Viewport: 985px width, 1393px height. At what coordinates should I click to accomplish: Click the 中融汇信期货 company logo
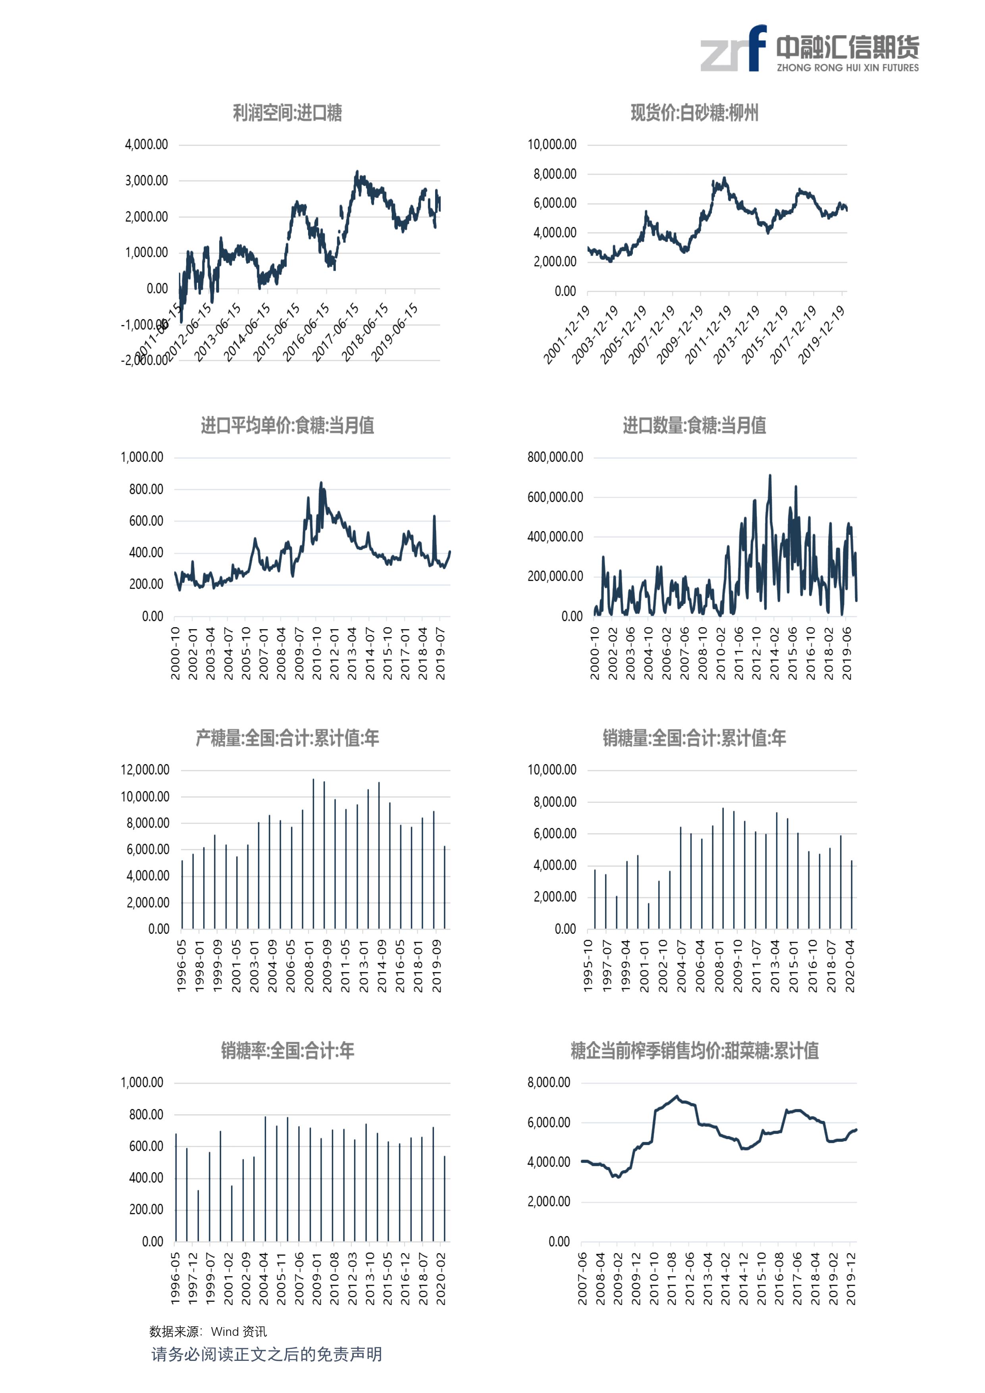pos(810,48)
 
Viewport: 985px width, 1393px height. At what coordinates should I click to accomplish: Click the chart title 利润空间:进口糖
pos(287,113)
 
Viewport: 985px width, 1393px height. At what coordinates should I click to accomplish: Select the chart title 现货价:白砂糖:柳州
pos(694,113)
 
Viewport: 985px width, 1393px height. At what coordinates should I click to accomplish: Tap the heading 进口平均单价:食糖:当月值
pos(287,425)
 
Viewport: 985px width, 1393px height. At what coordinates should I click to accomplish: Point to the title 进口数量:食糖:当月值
pos(694,425)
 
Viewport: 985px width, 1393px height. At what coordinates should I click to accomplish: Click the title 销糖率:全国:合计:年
pos(287,1050)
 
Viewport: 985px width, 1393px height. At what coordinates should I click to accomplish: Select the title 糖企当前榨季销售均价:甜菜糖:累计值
pos(694,1050)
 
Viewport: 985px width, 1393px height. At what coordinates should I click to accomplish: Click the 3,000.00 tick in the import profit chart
pos(146,181)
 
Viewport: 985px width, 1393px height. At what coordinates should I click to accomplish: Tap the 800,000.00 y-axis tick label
pos(555,457)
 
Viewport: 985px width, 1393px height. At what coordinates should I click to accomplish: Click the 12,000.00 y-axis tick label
pos(145,770)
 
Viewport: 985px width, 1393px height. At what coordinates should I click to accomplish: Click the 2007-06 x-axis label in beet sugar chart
pos(582,1278)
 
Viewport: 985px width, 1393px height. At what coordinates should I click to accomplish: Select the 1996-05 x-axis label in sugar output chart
pos(181,966)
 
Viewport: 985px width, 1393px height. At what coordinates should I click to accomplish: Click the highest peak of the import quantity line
pos(770,476)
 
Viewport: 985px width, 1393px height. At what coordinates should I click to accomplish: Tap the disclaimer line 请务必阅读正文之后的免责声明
pos(266,1354)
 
